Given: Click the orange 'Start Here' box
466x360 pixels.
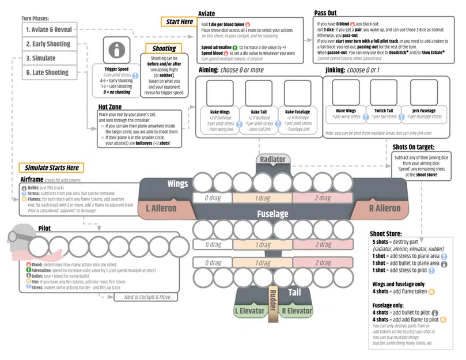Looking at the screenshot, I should (179, 22).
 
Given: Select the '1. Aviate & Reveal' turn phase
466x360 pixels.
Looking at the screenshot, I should (48, 29).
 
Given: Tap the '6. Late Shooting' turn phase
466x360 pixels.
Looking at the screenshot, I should (47, 73).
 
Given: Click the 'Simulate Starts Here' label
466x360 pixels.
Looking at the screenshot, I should (51, 168).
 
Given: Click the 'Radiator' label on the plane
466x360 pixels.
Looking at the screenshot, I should (272, 159).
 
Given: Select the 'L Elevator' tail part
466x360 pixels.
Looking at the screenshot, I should (249, 311).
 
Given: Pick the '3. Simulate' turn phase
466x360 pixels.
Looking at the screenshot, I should (41, 58).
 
